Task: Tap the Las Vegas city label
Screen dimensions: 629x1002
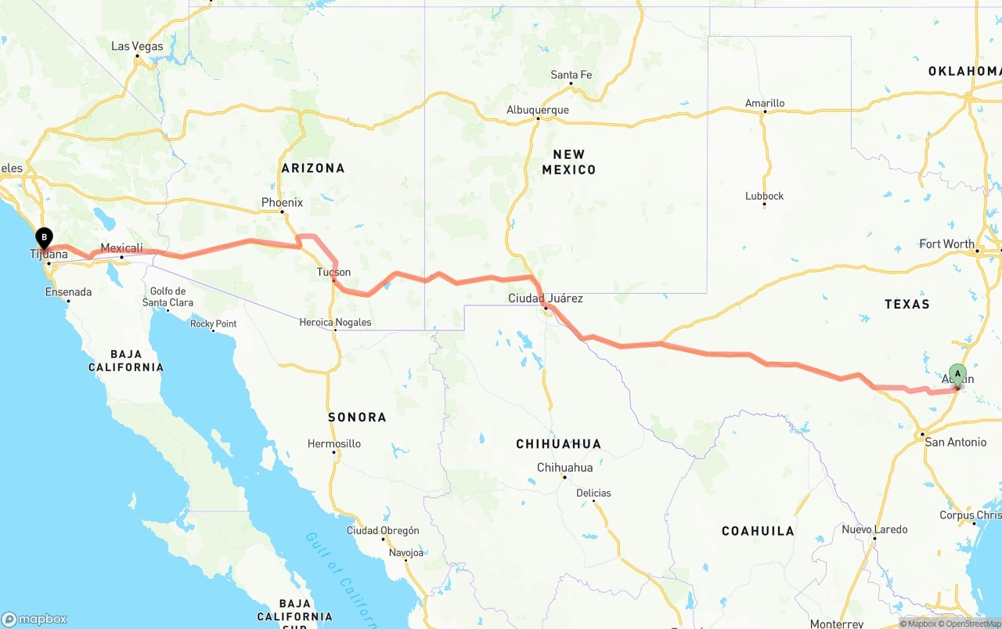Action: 137,46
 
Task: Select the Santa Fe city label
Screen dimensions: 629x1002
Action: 571,75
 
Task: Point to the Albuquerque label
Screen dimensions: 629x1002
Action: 538,110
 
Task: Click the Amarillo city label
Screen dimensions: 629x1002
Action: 764,103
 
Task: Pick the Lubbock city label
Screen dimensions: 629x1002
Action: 764,196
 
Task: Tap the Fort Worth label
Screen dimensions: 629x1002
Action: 946,244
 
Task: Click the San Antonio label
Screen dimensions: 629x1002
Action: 955,442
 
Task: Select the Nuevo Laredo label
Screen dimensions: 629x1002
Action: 874,530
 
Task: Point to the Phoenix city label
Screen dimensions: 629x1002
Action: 282,202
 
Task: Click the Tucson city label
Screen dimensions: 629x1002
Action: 333,273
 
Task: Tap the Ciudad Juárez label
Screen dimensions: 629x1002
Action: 545,298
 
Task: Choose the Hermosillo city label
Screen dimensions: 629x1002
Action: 334,443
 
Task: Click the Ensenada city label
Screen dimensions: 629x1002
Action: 68,292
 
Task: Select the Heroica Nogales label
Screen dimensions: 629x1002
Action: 335,322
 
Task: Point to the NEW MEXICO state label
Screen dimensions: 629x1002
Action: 568,161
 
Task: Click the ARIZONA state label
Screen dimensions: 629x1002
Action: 313,168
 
